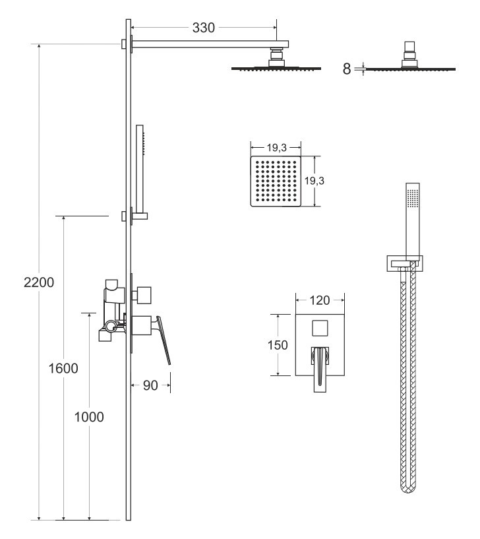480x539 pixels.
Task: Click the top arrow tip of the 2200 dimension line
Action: click(x=39, y=44)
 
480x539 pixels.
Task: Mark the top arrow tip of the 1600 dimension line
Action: click(x=63, y=216)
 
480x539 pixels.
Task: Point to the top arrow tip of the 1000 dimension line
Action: click(x=89, y=313)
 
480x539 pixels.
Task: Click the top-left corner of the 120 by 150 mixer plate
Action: click(x=296, y=314)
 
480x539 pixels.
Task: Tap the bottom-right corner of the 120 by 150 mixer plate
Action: click(x=344, y=376)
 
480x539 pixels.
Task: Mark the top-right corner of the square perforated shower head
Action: click(x=301, y=156)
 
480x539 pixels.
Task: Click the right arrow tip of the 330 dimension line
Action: click(x=276, y=28)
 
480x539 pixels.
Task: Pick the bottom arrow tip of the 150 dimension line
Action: click(x=278, y=375)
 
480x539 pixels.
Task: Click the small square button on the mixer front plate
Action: click(x=320, y=328)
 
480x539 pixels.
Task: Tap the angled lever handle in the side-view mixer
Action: click(x=164, y=340)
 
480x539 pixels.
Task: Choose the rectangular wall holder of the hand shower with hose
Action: click(x=405, y=264)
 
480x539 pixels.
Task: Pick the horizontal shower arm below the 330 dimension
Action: click(x=210, y=44)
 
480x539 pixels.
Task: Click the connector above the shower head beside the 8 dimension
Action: click(x=409, y=55)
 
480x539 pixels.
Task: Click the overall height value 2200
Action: click(x=39, y=282)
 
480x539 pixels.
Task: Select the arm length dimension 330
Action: click(x=204, y=28)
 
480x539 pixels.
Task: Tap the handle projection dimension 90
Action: click(x=150, y=385)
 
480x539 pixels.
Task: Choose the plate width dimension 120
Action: click(x=320, y=300)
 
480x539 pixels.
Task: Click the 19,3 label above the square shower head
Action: click(x=276, y=148)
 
